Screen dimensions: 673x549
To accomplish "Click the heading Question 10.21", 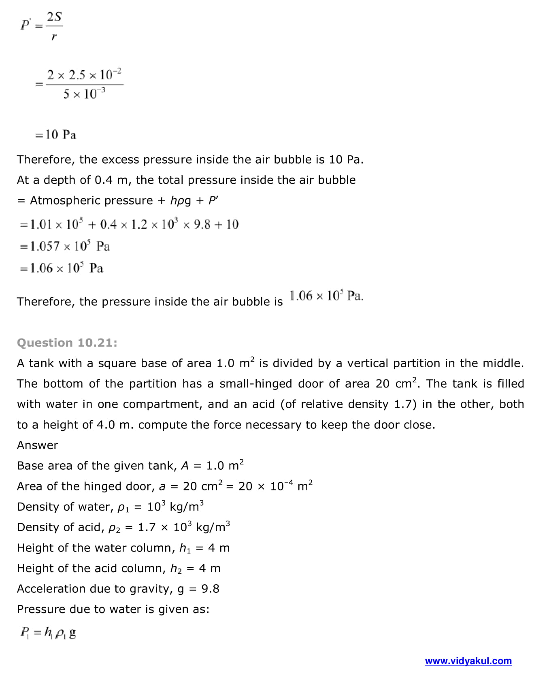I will tap(67, 343).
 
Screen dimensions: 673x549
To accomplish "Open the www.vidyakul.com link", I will tap(468, 661).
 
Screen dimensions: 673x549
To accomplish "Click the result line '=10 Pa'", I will tap(55, 134).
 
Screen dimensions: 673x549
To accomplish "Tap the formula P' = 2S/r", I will tap(42, 26).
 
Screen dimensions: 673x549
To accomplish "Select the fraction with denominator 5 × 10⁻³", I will tap(84, 84).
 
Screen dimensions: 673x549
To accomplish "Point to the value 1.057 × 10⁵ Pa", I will tap(65, 246).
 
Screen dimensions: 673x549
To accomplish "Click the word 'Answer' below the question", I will tap(38, 445).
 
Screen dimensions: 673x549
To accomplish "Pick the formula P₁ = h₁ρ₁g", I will tap(48, 633).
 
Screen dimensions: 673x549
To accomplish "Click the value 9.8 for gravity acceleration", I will tap(210, 589).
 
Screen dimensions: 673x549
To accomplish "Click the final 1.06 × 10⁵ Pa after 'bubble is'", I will tap(326, 296).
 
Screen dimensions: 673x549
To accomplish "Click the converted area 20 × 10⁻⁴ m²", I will tap(275, 486).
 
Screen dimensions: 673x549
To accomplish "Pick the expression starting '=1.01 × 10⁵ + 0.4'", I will tap(129, 224).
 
